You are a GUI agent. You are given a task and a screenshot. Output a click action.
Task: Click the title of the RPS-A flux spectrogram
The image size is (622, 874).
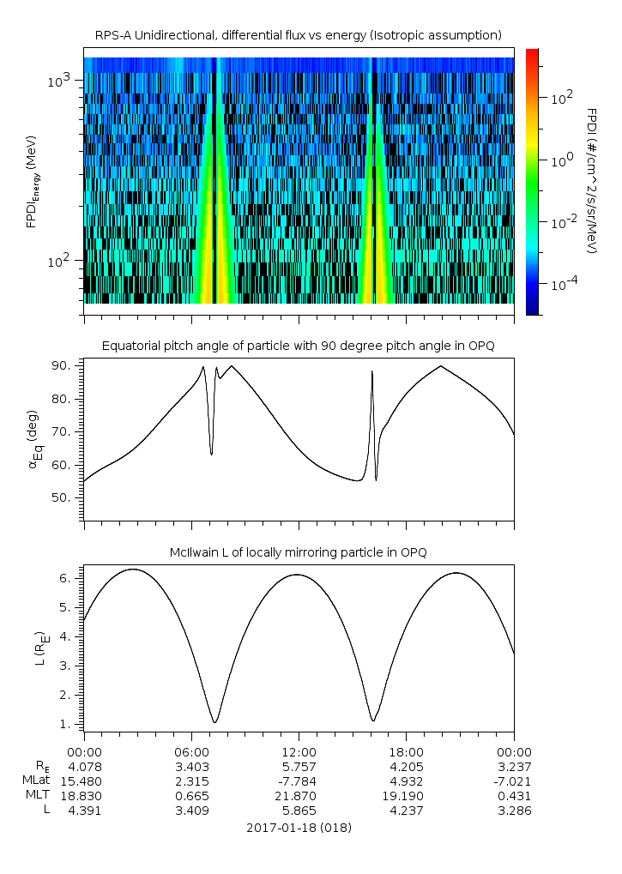pos(298,35)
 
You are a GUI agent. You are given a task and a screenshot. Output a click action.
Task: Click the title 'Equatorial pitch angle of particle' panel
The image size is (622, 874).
pos(298,346)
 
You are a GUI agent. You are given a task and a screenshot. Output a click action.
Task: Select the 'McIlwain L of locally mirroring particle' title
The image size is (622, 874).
pos(298,552)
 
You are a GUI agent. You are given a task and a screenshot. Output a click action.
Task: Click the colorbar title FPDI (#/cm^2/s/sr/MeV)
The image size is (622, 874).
pos(591,180)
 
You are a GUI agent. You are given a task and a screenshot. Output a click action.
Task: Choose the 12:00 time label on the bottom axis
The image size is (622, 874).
pos(298,751)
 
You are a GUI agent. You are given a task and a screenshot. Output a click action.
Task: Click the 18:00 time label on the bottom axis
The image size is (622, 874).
pos(406,751)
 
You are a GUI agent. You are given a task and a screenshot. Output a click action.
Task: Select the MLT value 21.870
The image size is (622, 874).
pos(298,795)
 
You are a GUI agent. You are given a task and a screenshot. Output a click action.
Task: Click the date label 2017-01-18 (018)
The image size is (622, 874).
pos(298,828)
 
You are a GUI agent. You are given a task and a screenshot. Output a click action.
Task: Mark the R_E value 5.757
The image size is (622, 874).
pos(298,766)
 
